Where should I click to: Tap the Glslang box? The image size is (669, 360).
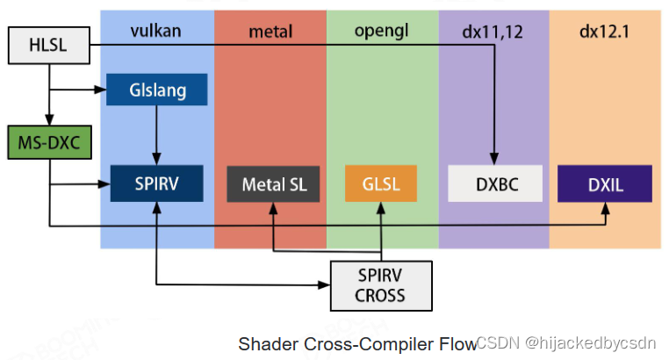157,90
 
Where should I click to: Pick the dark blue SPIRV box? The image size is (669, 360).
156,185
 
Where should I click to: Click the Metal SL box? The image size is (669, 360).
273,185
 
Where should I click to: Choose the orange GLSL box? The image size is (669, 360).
380,185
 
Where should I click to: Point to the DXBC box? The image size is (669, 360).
494,185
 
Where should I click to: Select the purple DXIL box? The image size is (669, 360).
605,185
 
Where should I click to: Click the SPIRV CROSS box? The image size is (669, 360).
380,285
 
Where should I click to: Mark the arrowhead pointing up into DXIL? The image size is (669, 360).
605,211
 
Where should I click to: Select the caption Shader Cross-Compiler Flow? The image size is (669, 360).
356,343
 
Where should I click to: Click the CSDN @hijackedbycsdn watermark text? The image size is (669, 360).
570,342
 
